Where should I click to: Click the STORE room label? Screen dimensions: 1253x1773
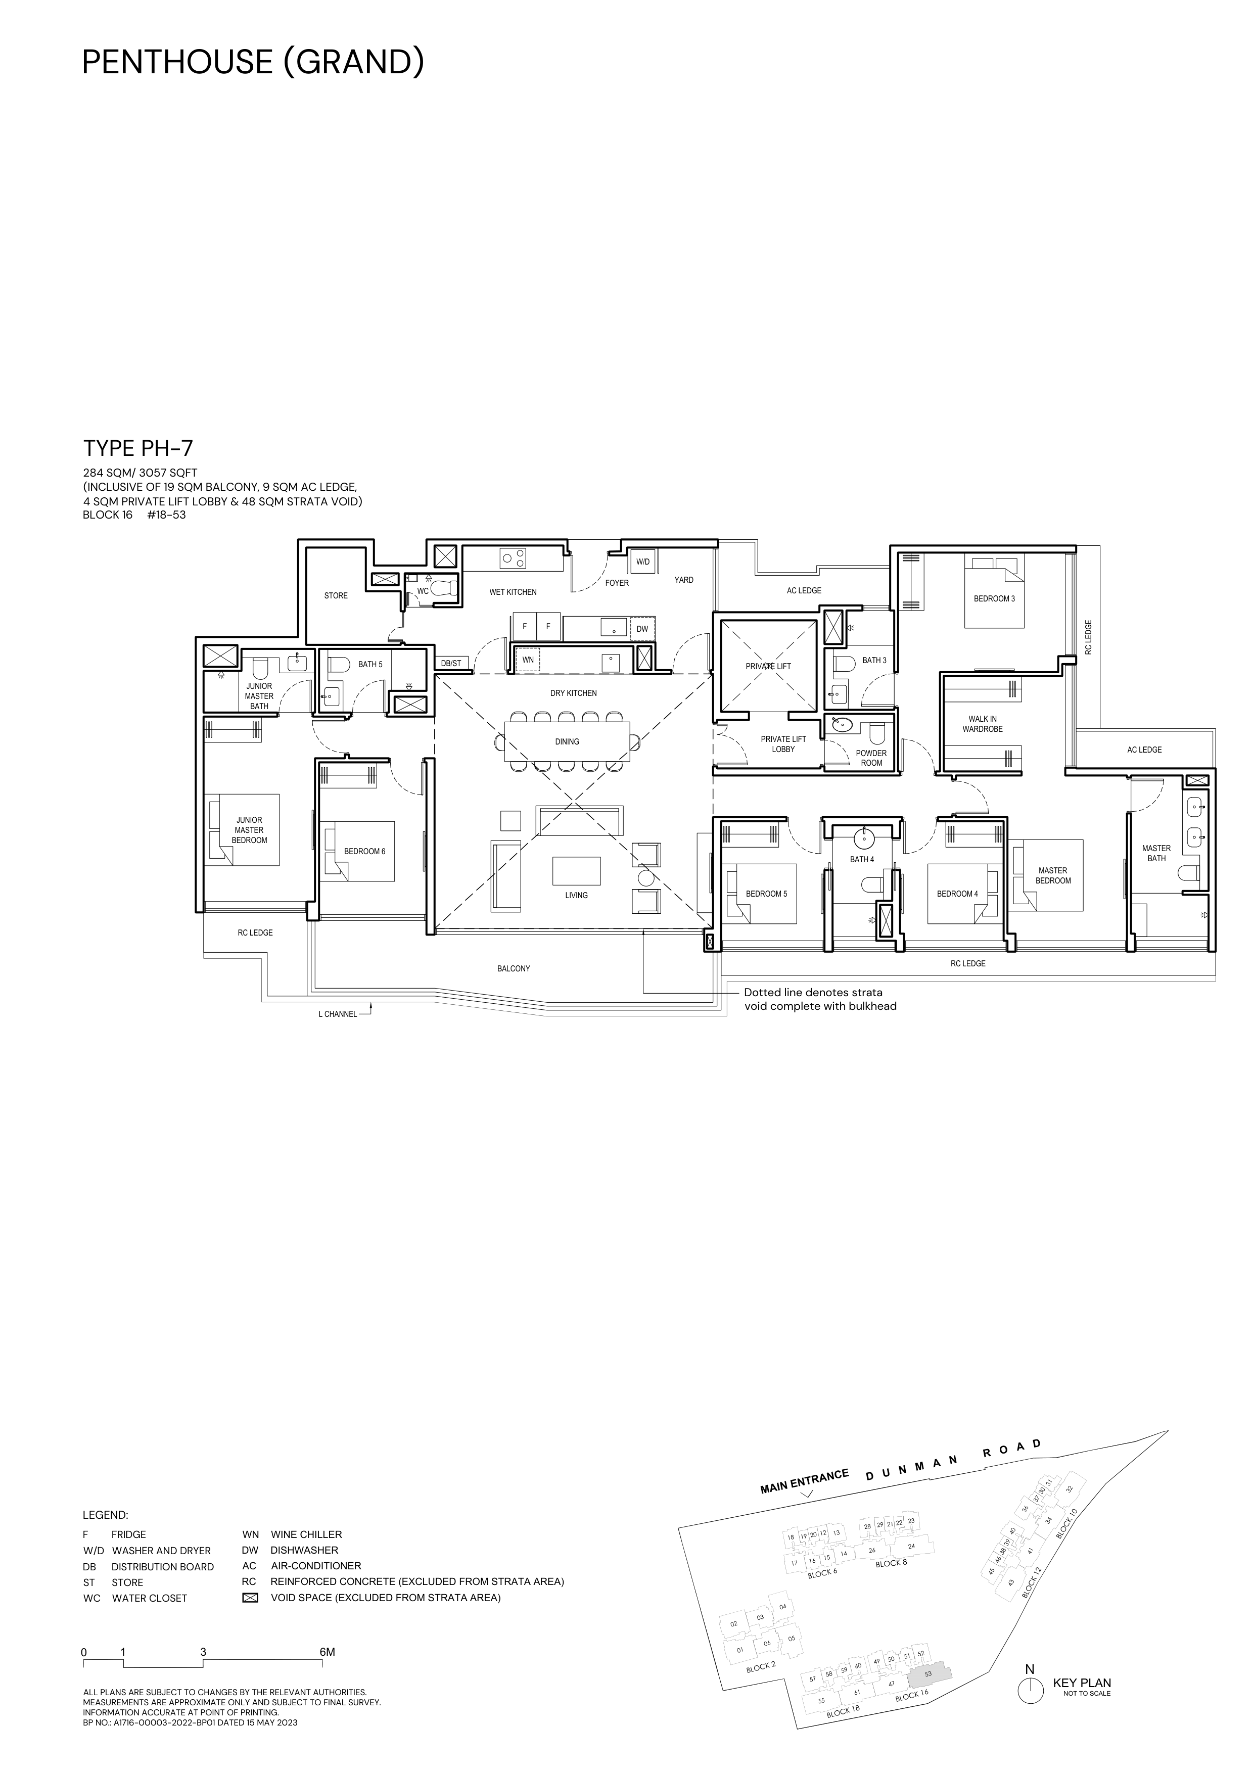[336, 595]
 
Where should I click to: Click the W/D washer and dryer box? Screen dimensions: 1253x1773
[643, 562]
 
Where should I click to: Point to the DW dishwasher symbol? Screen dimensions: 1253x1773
[642, 629]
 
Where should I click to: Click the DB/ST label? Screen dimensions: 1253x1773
[451, 663]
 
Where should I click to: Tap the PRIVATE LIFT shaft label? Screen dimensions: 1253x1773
[768, 667]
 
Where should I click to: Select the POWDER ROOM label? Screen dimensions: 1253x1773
[871, 758]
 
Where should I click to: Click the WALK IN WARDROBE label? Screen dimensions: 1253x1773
[983, 724]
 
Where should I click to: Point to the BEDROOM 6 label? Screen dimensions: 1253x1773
[364, 851]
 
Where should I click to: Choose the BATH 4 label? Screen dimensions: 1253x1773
[862, 860]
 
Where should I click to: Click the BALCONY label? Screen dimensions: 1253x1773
[514, 968]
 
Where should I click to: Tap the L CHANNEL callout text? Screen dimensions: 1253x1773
[337, 1014]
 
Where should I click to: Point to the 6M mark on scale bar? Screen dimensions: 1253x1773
[328, 1653]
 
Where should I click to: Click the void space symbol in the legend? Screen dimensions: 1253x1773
[249, 1598]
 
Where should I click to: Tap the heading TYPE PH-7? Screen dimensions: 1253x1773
[137, 449]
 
